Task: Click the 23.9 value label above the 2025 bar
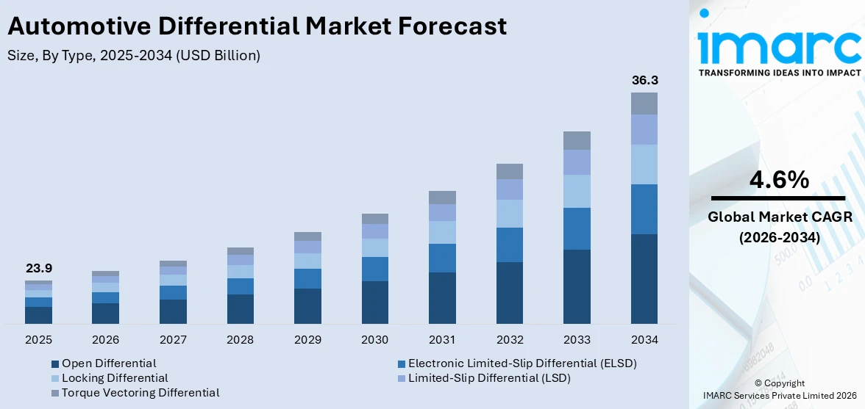point(38,269)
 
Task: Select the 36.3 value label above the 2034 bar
point(644,80)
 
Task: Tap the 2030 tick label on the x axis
point(374,340)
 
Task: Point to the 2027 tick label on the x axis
point(173,340)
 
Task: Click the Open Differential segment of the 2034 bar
point(644,279)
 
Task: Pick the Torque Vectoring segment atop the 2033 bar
point(577,140)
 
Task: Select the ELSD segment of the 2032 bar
point(509,245)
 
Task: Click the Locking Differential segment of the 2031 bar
point(442,232)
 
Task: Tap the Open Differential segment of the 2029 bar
point(307,306)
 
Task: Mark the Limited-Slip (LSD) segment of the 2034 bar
point(644,129)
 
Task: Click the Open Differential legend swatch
point(55,363)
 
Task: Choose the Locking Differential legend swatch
point(55,378)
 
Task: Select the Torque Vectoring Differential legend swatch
point(55,393)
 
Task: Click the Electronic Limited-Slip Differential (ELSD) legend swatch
point(402,363)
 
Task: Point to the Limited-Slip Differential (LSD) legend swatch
point(402,378)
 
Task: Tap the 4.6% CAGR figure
point(779,179)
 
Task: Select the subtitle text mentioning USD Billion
point(134,55)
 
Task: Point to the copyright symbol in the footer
point(759,383)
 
